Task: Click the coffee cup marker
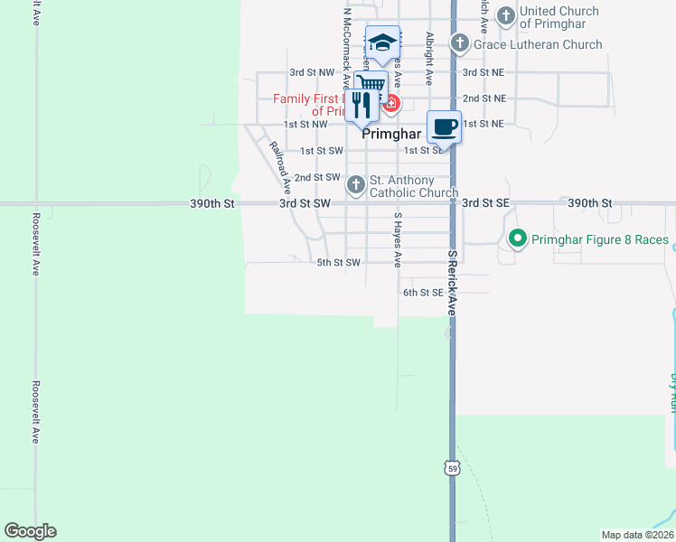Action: coord(444,126)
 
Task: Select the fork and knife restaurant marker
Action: coord(361,105)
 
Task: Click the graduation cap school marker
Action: coord(382,42)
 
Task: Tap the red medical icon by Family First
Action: coord(390,103)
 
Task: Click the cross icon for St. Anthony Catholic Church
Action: coord(356,185)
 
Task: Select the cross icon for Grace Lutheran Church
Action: coord(459,43)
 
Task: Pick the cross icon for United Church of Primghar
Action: coord(505,15)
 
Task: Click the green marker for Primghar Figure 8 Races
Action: coord(518,239)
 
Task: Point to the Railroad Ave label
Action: coord(279,168)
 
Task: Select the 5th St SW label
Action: coord(339,263)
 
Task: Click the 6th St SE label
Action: coord(423,293)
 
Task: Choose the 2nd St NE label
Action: coord(484,98)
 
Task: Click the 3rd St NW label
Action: coord(312,72)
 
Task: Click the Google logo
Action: coord(30,531)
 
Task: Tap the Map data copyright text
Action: coord(638,535)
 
